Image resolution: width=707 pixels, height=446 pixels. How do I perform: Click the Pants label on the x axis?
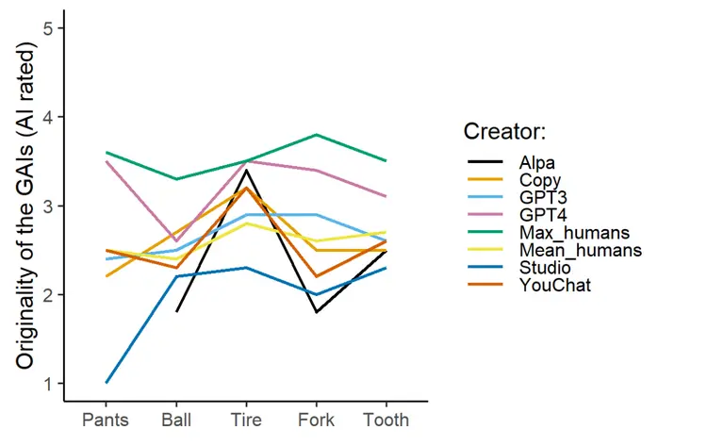tap(105, 417)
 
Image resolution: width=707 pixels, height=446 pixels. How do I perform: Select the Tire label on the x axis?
tap(247, 417)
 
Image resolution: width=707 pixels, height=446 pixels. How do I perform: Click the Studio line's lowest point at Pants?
tap(106, 383)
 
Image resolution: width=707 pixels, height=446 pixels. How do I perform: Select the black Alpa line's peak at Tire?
tap(248, 170)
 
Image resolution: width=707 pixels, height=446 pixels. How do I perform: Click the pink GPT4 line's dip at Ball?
tap(176, 241)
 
